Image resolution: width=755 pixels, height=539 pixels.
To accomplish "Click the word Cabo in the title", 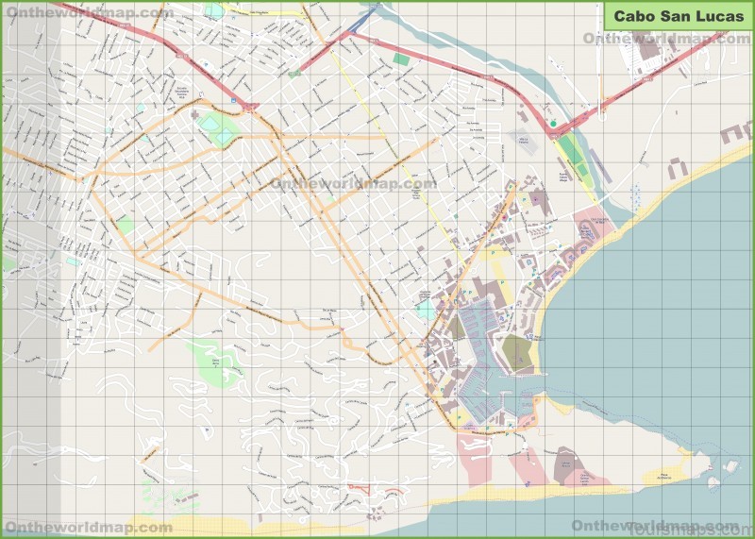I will coord(633,16).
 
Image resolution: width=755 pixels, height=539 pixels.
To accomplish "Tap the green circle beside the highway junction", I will coord(553,123).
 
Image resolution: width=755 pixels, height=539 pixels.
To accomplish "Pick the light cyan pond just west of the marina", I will coord(427,311).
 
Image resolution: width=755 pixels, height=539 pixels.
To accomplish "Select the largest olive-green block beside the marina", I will coord(516,352).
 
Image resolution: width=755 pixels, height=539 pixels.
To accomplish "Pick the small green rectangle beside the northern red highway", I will coord(402,59).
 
